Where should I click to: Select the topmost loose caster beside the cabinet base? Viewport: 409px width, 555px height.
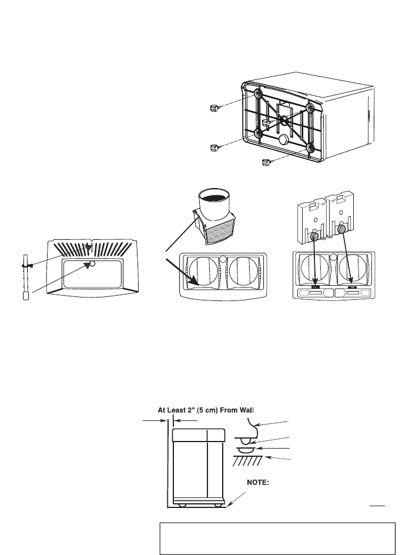click(x=214, y=107)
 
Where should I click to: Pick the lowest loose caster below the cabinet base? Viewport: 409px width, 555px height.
click(x=267, y=161)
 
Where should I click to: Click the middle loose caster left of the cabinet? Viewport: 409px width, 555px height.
click(x=214, y=147)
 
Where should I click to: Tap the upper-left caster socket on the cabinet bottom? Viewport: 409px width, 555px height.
click(x=259, y=94)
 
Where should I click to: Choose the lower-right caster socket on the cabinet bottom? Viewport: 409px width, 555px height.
click(x=311, y=148)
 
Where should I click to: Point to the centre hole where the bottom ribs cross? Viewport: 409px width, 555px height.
click(x=284, y=119)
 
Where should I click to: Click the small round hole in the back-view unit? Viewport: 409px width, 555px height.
click(x=92, y=264)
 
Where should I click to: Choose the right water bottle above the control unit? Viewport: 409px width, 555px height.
click(x=346, y=216)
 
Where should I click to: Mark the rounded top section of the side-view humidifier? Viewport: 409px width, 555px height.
click(x=199, y=436)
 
